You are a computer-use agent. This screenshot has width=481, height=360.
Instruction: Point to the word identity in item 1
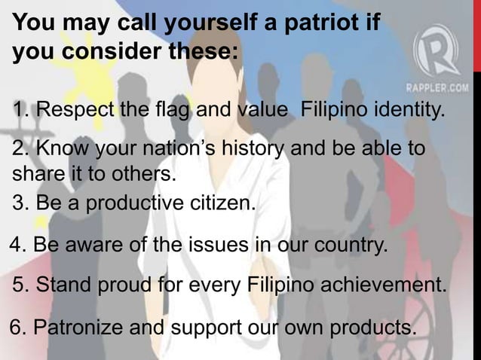click(x=406, y=113)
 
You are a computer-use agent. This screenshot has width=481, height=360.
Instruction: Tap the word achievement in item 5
click(x=384, y=287)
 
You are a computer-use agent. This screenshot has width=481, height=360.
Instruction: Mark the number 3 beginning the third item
click(x=18, y=204)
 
